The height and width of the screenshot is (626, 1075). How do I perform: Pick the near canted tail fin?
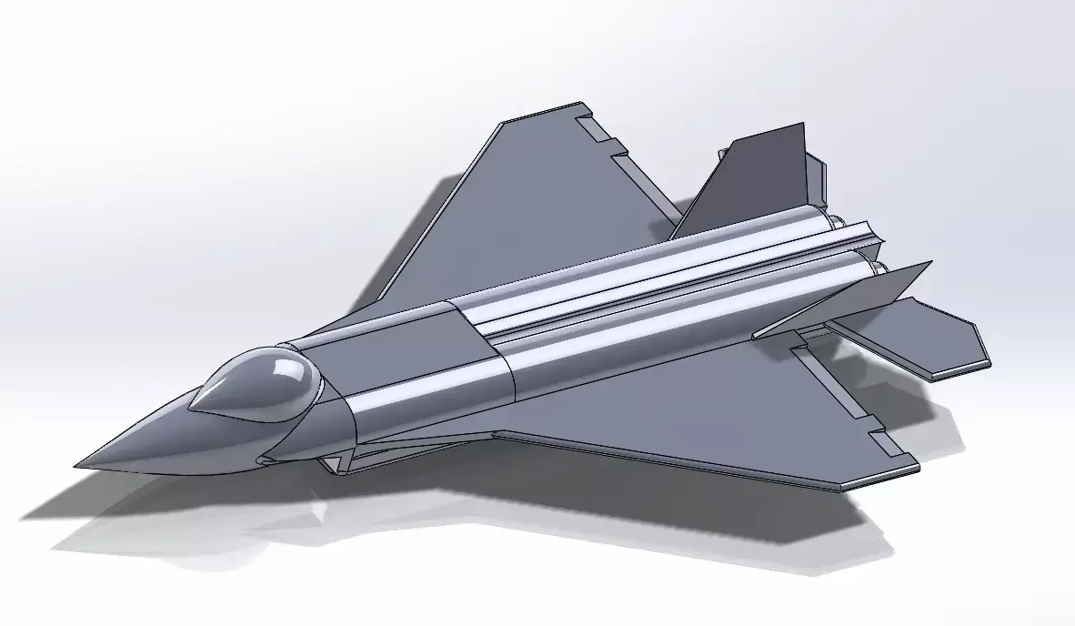pos(846,296)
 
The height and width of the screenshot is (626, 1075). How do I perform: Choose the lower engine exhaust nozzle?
pos(878,267)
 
